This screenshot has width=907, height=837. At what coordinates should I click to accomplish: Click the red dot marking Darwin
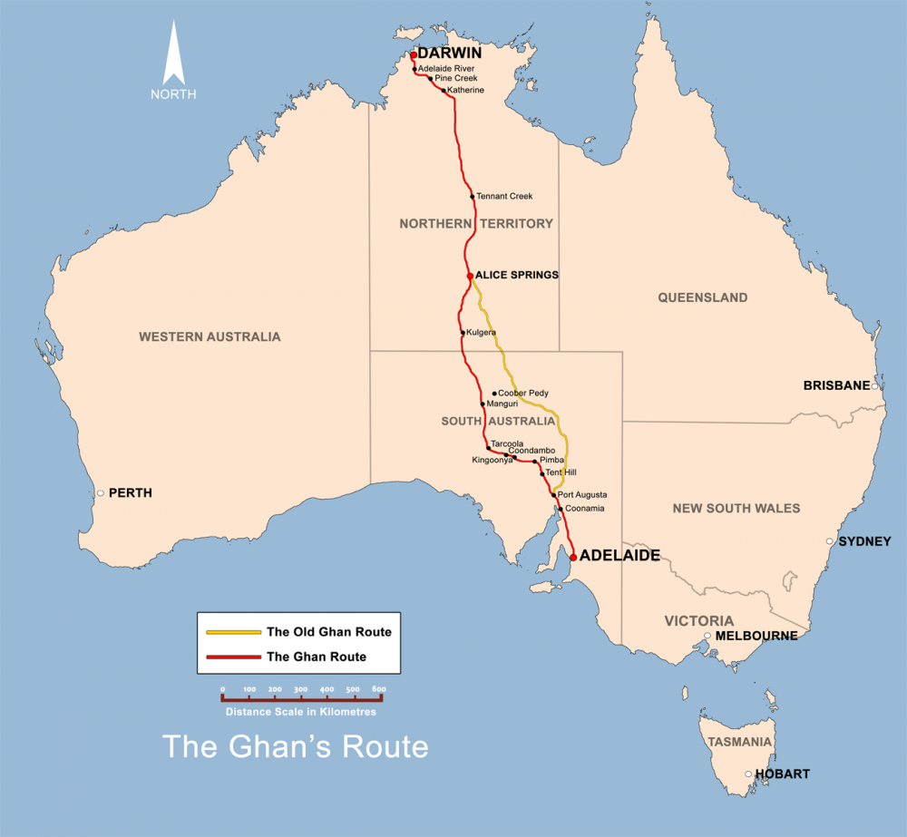(x=413, y=54)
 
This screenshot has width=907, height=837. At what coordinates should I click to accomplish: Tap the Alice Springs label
(x=517, y=275)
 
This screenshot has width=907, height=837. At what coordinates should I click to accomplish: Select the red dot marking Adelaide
(x=573, y=557)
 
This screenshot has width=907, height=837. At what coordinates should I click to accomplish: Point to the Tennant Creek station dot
(x=473, y=197)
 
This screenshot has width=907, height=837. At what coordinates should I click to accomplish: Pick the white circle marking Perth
(x=101, y=493)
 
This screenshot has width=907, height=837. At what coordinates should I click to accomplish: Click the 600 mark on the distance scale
(x=379, y=690)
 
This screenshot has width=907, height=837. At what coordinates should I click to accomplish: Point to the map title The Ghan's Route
(x=295, y=746)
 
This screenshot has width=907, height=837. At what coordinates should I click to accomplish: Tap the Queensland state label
(x=703, y=297)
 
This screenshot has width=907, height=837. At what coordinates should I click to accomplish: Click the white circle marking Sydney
(x=830, y=541)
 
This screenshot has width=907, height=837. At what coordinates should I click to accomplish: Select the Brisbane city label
(x=836, y=385)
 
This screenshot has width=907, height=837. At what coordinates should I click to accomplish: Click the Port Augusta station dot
(x=553, y=495)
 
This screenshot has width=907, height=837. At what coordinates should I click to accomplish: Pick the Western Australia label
(x=210, y=336)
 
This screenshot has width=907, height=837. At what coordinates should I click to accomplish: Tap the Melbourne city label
(x=756, y=636)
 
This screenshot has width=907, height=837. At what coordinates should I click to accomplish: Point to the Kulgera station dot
(x=463, y=333)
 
